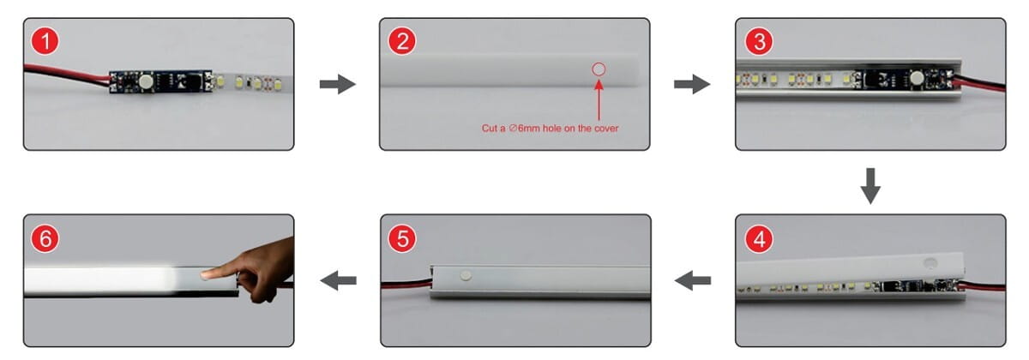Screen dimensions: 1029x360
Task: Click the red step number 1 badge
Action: coord(45,41)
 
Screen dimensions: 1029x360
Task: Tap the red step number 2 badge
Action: coord(402,41)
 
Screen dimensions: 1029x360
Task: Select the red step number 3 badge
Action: coord(759,41)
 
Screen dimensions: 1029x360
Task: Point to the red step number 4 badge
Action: coord(759,239)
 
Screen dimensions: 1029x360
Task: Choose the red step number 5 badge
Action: coord(402,239)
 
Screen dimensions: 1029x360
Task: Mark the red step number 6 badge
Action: coord(45,239)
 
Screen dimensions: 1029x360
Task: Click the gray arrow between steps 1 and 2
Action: coord(338,84)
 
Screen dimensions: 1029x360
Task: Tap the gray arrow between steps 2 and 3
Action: coord(692,84)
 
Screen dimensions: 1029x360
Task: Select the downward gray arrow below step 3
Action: coord(870,186)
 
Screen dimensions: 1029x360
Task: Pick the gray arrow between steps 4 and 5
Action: coord(693,280)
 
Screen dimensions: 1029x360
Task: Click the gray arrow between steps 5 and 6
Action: coord(338,280)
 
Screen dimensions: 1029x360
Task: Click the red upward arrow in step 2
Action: coord(599,100)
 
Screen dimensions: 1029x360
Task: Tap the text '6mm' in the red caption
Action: coord(529,128)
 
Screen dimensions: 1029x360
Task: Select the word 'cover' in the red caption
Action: coord(606,128)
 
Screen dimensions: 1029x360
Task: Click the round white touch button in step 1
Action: coord(146,81)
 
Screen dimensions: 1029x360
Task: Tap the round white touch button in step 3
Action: coord(918,79)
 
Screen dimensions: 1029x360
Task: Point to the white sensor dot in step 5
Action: coord(466,275)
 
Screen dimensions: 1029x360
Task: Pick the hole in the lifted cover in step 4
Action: coord(930,263)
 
